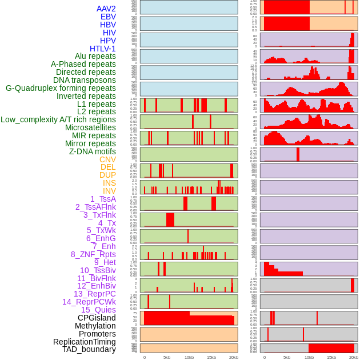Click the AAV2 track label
point(106,9)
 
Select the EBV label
point(107,17)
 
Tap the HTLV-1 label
point(102,49)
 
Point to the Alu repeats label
point(95,57)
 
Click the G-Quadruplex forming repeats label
point(61,88)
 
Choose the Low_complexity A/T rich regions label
point(58,119)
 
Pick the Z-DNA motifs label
point(92,151)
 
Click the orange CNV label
point(107,159)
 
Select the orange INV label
point(109,191)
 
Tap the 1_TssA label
point(103,199)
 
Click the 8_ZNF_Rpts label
point(93,254)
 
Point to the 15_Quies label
point(98,310)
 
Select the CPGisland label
point(97,318)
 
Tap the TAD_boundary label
point(89,349)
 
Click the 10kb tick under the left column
point(189,357)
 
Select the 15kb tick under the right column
point(331,357)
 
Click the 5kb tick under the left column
point(166,357)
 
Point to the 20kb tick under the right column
point(354,357)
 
